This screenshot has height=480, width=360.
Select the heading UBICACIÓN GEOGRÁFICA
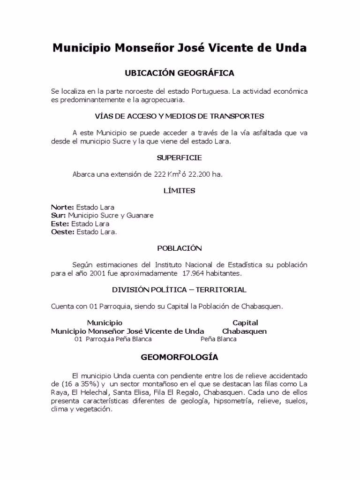(180, 73)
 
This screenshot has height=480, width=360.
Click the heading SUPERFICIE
(180, 157)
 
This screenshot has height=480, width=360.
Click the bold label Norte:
(62, 207)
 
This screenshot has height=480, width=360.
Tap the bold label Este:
(60, 224)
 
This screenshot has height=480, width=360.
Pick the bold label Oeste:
(62, 232)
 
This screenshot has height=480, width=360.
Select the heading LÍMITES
(180, 190)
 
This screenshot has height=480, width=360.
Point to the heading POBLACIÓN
(180, 248)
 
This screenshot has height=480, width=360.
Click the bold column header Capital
(245, 322)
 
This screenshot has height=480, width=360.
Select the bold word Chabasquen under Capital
(244, 331)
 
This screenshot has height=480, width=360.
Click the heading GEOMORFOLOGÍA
(180, 357)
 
